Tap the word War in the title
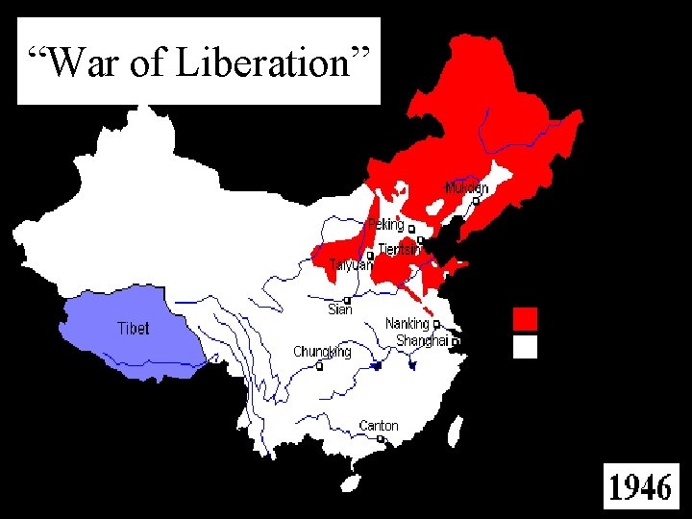coord(83,62)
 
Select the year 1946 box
coord(640,487)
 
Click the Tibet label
coord(133,328)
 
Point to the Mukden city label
coord(466,187)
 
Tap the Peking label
coord(385,225)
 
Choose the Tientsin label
coord(399,249)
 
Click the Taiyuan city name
coord(350,264)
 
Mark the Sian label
coord(340,309)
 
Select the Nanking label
coord(407,324)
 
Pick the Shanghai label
coord(422,341)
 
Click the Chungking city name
coord(322,352)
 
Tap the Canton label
coord(378,426)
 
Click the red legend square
coord(525,318)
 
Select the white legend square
coord(525,346)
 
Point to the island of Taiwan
coord(454,432)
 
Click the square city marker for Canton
coord(382,439)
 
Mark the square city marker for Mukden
coord(475,201)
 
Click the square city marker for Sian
coord(347,300)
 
